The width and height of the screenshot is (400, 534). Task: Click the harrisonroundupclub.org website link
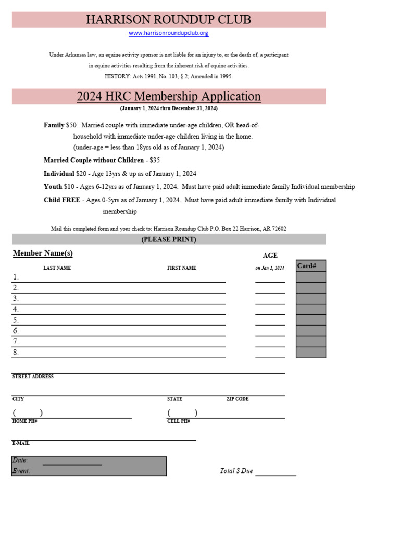tap(169, 33)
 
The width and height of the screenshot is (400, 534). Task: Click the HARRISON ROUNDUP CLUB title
tap(168, 20)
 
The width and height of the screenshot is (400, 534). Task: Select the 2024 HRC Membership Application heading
tap(169, 96)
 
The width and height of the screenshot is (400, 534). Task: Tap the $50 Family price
tap(71, 125)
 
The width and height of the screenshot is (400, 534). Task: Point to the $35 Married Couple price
tap(155, 160)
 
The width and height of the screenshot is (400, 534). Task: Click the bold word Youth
tap(53, 187)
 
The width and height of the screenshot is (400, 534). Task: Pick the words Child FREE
tap(62, 200)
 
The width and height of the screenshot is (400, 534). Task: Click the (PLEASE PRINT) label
tap(169, 239)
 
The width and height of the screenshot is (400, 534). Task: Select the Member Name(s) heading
tap(43, 253)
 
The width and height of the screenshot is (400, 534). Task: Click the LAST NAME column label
tap(57, 268)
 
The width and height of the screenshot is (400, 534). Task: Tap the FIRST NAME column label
tap(181, 268)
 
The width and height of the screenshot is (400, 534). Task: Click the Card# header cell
tap(307, 266)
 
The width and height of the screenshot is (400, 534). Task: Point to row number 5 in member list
tap(16, 320)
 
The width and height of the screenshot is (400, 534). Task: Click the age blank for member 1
tap(270, 278)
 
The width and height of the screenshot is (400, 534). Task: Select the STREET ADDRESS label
tap(33, 377)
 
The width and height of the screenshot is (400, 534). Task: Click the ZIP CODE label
tap(238, 399)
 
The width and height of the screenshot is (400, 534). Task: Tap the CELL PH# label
tap(178, 421)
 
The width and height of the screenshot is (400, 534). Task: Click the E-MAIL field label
tap(21, 443)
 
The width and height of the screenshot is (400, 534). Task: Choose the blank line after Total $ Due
tap(276, 472)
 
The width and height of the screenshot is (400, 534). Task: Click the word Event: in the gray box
tap(21, 471)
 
